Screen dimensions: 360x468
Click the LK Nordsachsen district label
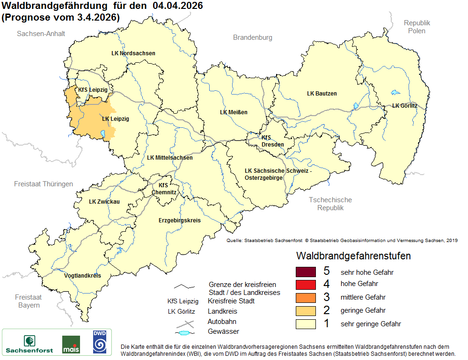(133, 53)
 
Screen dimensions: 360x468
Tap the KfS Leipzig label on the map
(93, 90)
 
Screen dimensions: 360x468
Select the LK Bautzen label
(322, 94)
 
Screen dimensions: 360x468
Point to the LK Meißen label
(234, 112)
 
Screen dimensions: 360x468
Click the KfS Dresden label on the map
(272, 141)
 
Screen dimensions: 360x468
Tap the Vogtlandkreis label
(82, 276)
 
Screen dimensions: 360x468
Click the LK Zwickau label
(104, 202)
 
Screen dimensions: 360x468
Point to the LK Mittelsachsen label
(169, 158)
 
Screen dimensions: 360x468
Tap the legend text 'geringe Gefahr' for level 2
(363, 310)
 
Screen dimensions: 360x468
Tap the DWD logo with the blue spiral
(99, 342)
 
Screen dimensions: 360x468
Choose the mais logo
(71, 345)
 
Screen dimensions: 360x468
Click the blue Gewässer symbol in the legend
(185, 333)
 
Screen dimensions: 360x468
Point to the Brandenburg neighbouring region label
(253, 37)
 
